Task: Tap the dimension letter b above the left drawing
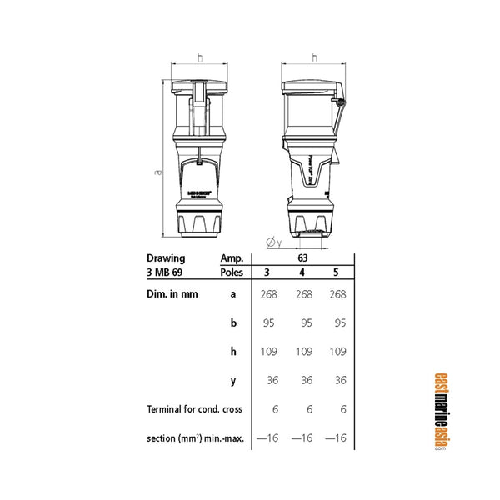coord(200,57)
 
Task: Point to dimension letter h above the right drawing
coord(314,57)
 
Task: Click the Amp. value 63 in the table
coord(304,258)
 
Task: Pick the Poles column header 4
coord(304,272)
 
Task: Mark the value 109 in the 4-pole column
coord(304,352)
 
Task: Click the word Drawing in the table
coord(166,258)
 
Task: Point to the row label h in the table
coord(234,352)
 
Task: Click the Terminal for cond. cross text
coord(194,409)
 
